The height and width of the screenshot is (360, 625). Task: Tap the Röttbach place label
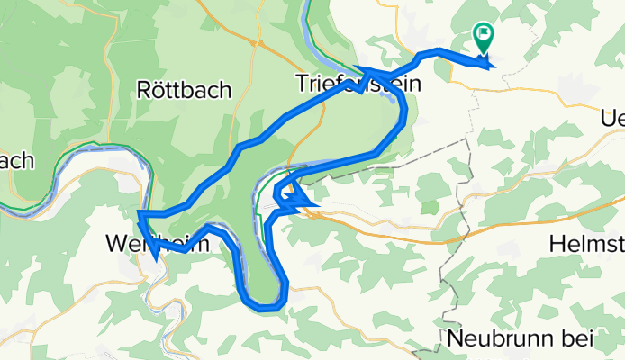pos(185,89)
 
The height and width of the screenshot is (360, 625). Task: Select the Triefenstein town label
pos(359,84)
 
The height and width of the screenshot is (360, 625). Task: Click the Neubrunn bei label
pos(520,339)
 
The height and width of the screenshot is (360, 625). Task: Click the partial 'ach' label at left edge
pos(16,161)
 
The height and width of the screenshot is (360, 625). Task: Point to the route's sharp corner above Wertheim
pos(141,214)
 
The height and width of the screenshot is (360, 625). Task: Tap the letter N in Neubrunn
pos(455,339)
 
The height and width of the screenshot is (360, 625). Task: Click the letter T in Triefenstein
pos(303,84)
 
